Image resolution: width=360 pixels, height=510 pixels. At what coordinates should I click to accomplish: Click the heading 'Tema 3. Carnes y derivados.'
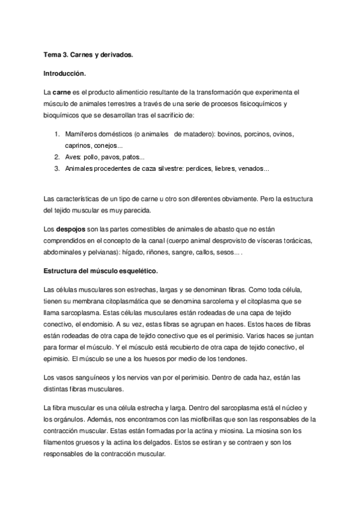point(88,55)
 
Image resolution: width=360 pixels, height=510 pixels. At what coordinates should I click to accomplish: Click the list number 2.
point(56,157)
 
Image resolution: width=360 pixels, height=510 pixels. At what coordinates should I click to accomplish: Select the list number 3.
point(56,168)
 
